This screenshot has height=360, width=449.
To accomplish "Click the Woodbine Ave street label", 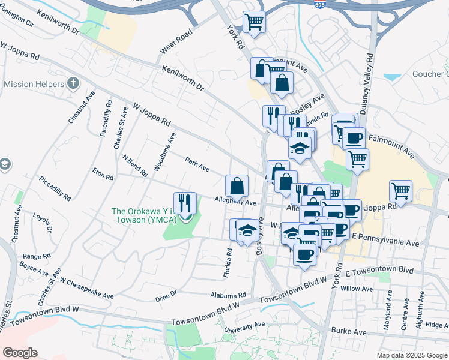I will pyautogui.click(x=164, y=152).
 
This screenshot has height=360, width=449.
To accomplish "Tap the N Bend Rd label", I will pyautogui.click(x=135, y=166).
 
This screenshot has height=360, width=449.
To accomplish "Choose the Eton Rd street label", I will pyautogui.click(x=103, y=174).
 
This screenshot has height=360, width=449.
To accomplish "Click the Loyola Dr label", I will pyautogui.click(x=43, y=221).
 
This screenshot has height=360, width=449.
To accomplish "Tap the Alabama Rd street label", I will pyautogui.click(x=228, y=295).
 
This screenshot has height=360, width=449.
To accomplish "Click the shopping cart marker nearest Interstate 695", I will pyautogui.click(x=254, y=23).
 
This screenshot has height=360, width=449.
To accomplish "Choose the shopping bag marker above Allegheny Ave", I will pyautogui.click(x=237, y=186).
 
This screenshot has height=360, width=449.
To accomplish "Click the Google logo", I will pyautogui.click(x=20, y=353).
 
